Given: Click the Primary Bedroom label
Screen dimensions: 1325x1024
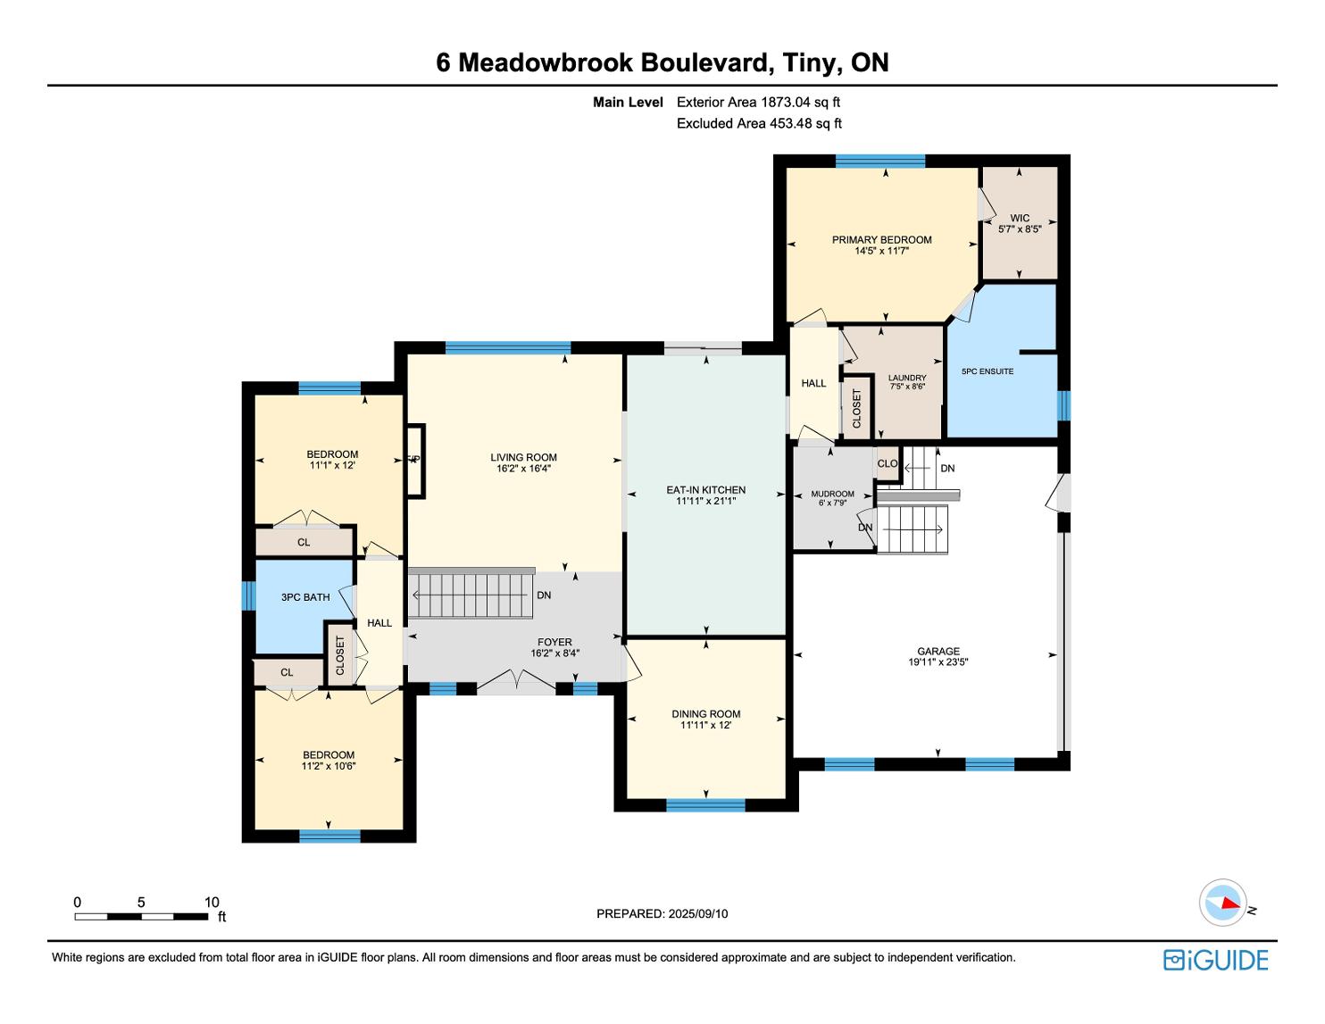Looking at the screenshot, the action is (881, 239).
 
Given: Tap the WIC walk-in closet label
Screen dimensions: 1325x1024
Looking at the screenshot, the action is (1020, 218).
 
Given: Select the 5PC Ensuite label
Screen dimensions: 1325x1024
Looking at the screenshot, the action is (987, 371).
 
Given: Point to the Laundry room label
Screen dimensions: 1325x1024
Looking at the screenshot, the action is (907, 378).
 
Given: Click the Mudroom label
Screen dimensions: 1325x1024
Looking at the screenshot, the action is (832, 494).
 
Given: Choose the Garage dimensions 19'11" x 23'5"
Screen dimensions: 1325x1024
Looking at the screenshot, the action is (937, 662).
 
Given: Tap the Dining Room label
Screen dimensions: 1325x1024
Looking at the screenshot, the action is (705, 713).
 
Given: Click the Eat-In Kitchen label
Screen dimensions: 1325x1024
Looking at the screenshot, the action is (705, 489).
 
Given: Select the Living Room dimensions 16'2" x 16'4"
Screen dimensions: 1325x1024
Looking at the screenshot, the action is (523, 469).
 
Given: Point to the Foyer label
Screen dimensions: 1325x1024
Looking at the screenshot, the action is (554, 642).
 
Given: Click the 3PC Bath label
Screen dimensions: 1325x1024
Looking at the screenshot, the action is (305, 597).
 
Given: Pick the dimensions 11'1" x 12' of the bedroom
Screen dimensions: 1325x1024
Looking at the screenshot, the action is (332, 465).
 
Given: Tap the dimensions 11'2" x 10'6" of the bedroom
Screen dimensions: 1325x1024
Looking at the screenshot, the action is (329, 766).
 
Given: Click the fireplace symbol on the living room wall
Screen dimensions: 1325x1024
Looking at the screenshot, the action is (415, 460).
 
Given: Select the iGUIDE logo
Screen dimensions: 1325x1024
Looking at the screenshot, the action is (1215, 960).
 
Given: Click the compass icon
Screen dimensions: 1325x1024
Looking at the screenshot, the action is (1222, 902).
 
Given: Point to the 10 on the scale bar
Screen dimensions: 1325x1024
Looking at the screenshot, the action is (212, 902).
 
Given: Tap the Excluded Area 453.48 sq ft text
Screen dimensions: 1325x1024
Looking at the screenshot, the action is (759, 123).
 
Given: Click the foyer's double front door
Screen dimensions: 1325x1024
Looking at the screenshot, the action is (516, 684).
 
